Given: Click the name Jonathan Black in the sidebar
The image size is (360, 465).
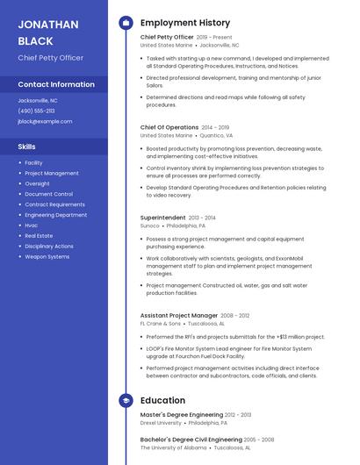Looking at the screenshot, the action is [48, 32].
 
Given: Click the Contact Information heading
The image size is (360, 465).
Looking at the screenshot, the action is [56, 84].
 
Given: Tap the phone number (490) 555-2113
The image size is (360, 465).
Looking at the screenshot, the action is [36, 111].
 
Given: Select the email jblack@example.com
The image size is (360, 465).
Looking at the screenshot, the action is [45, 121].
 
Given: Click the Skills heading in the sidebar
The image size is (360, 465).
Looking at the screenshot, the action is [27, 147].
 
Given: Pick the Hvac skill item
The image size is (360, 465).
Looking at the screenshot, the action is [32, 225].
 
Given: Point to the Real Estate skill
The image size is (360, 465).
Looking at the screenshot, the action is [39, 236].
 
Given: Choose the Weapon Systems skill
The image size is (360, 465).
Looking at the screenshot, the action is [47, 257].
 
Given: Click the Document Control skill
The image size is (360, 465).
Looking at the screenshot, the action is [48, 194].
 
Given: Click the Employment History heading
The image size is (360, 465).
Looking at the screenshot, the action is [185, 23].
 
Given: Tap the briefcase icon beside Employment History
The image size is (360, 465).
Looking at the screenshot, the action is [126, 23].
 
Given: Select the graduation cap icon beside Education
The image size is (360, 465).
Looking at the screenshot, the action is [126, 400].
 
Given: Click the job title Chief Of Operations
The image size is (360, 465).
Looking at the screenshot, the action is [169, 127].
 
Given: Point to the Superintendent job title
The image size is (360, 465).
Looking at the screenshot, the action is [162, 217].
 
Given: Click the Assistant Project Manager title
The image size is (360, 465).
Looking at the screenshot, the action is [179, 315].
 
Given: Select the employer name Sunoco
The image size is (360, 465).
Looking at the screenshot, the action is [149, 225].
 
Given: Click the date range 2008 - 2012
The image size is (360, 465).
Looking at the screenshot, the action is [235, 315].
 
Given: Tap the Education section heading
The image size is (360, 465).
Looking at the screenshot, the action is [162, 400].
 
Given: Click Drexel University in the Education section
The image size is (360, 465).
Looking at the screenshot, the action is [161, 423].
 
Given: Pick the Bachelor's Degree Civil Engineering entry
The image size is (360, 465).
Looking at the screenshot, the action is [191, 439].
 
